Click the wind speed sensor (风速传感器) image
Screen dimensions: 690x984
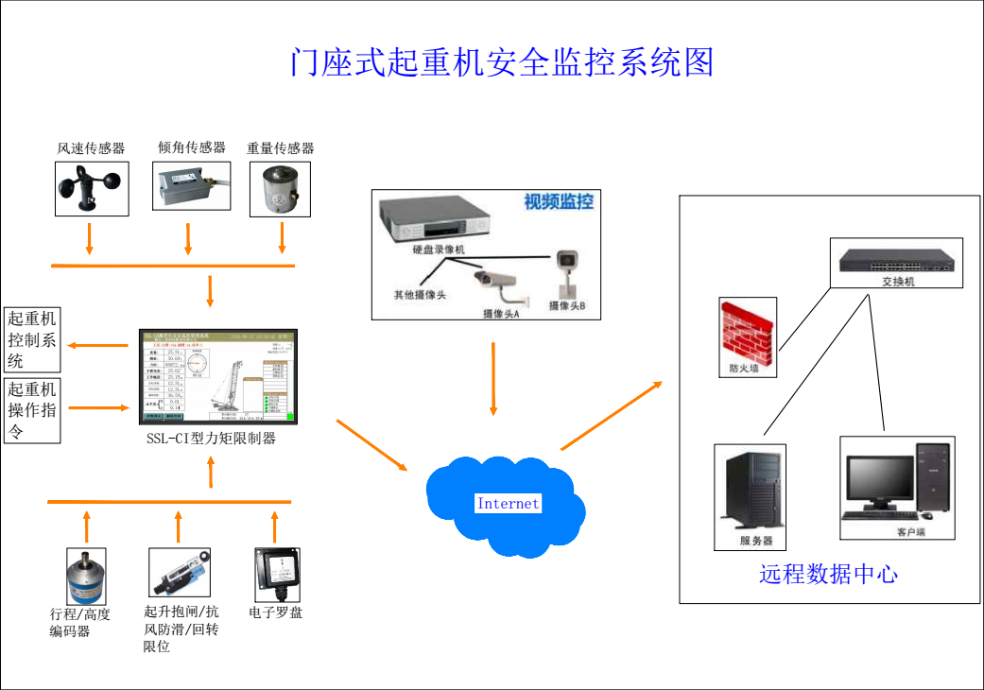91,188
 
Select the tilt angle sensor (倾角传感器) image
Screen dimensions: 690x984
191,186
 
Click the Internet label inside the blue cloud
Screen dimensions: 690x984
508,504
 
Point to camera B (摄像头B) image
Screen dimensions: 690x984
567,270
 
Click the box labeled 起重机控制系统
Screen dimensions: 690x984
33,339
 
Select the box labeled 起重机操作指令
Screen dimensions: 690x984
33,411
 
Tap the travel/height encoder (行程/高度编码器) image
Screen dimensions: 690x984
86,575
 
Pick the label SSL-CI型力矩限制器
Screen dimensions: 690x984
211,439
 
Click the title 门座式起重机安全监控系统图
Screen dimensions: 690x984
502,61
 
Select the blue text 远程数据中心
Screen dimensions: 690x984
828,574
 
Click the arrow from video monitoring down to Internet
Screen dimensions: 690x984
492,378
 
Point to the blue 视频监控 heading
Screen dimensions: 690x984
559,201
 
